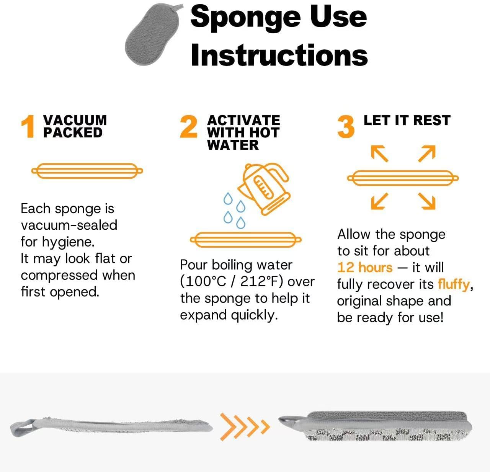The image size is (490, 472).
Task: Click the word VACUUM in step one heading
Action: (75, 120)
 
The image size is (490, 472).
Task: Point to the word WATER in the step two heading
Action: (233, 145)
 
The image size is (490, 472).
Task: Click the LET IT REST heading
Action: (407, 120)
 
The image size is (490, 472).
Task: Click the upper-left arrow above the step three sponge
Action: (379, 153)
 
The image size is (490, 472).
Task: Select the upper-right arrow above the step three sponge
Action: (427, 153)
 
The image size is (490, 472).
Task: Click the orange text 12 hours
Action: (365, 267)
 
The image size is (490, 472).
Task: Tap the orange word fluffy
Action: (454, 284)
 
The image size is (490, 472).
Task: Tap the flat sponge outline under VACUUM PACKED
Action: (87, 170)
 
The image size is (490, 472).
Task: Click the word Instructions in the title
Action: (279, 55)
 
